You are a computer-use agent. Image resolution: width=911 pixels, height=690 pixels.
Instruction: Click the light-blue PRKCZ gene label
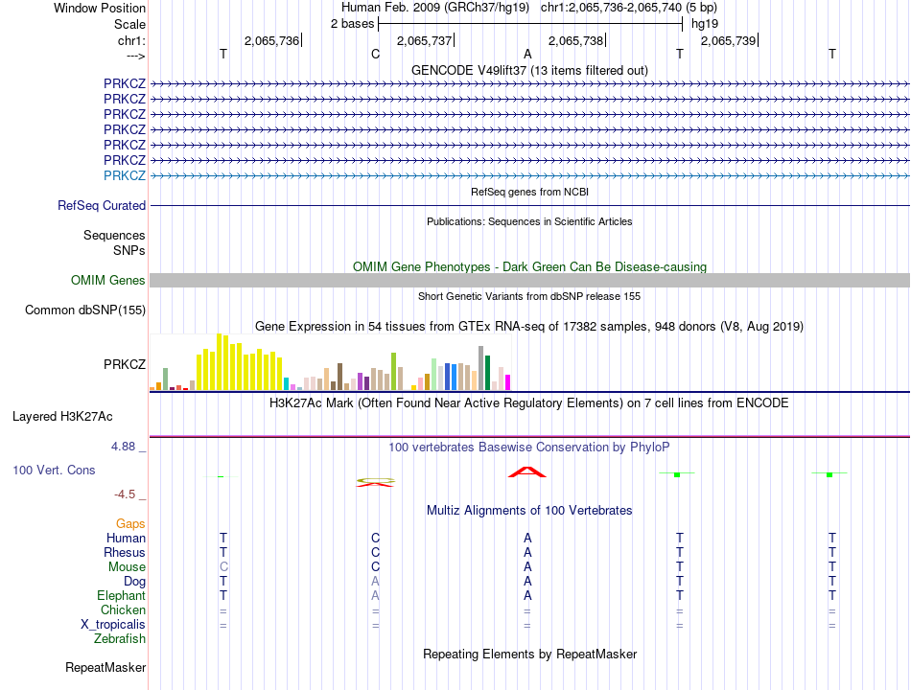[x=125, y=175]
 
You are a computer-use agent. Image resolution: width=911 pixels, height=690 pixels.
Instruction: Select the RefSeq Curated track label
[x=102, y=205]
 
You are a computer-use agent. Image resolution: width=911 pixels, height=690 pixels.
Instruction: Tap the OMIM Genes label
[x=107, y=281]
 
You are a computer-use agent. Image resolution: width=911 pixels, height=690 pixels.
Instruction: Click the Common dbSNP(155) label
[x=85, y=310]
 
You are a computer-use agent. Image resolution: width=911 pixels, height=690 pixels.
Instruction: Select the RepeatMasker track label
[x=105, y=667]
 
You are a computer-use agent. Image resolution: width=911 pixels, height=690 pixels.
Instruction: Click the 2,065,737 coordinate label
[x=424, y=40]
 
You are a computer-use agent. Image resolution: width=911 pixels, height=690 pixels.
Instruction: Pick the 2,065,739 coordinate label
[x=729, y=40]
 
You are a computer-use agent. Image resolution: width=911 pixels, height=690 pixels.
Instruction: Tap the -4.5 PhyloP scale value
[x=127, y=494]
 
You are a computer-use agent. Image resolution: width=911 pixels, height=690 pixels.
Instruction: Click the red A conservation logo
[x=527, y=471]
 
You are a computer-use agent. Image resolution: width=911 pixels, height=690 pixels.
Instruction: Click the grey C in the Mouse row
[x=223, y=567]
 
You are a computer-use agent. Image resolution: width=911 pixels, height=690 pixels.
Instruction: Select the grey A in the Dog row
[x=376, y=582]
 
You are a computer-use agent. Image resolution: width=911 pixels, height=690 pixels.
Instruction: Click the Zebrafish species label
[x=120, y=639]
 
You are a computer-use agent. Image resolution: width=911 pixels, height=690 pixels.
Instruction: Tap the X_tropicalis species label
[x=113, y=625]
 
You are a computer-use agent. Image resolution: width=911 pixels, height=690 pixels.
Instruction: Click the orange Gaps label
[x=130, y=523]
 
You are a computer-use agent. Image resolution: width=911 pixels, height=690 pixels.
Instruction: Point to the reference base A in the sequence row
[x=527, y=54]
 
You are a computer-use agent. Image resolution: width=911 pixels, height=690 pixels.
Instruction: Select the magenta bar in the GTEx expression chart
[x=507, y=382]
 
